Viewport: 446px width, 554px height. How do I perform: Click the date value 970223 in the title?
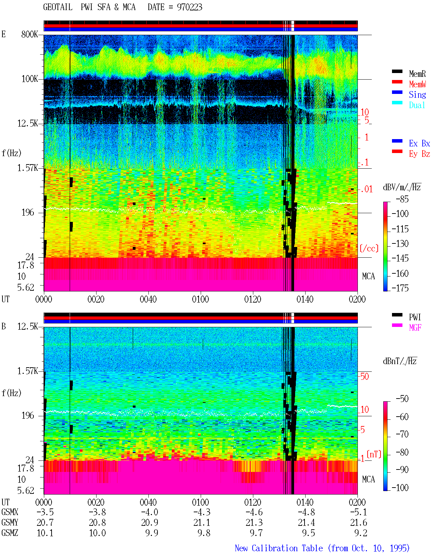point(189,7)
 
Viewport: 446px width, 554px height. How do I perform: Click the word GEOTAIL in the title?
point(58,7)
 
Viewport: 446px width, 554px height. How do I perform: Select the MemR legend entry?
point(417,74)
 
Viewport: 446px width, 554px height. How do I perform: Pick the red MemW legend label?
point(417,84)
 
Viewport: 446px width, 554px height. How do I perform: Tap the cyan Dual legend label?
point(417,105)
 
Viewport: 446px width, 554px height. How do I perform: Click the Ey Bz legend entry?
point(419,154)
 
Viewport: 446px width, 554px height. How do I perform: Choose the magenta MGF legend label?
point(415,328)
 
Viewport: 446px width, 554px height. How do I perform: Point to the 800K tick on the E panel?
point(29,34)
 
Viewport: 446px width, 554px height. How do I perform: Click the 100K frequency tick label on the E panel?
point(30,79)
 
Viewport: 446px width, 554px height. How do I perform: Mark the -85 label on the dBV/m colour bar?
point(402,199)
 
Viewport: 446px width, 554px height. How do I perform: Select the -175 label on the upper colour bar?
point(400,288)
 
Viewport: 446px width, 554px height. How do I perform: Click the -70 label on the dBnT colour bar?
point(402,434)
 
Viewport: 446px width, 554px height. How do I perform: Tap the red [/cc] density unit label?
point(369,248)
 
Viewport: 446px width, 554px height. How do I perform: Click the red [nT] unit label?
point(374,454)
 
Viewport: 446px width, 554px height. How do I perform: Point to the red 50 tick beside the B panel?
point(364,377)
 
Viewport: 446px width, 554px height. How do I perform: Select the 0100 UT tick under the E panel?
point(200,299)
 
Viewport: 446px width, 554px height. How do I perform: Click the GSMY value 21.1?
point(202,523)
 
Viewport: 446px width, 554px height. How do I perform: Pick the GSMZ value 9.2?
point(361,533)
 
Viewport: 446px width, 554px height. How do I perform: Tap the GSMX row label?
point(10,512)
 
